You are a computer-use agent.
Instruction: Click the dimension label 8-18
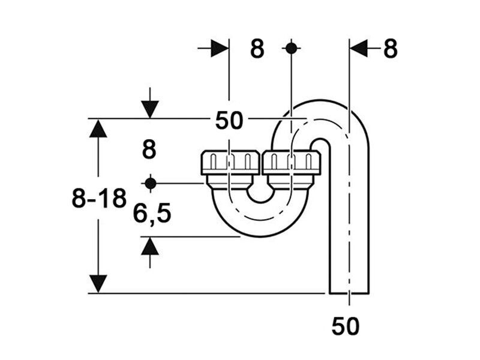click(x=99, y=198)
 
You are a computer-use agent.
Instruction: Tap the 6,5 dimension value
click(x=152, y=214)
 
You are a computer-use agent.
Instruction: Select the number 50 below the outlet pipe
click(x=346, y=326)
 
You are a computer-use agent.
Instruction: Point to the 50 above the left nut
click(x=229, y=121)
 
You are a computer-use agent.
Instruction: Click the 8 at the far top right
click(x=391, y=49)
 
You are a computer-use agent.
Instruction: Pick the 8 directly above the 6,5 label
click(x=149, y=149)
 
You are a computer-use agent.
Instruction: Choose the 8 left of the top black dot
click(x=257, y=49)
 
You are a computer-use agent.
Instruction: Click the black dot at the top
click(x=291, y=48)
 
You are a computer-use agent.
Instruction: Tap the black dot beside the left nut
click(x=151, y=184)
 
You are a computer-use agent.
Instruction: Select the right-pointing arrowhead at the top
click(x=220, y=48)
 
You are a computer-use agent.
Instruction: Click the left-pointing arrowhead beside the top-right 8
click(x=358, y=48)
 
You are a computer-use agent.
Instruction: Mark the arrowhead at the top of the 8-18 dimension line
click(x=98, y=128)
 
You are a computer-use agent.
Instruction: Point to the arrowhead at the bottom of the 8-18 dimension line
click(x=98, y=284)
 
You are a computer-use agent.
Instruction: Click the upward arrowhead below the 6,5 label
click(x=150, y=246)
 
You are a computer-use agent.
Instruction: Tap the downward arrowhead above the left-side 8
click(x=150, y=109)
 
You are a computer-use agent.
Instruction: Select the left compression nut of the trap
click(x=230, y=163)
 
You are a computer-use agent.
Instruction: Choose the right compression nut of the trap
click(x=292, y=163)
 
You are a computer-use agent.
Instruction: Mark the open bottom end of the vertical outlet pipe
click(x=349, y=293)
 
